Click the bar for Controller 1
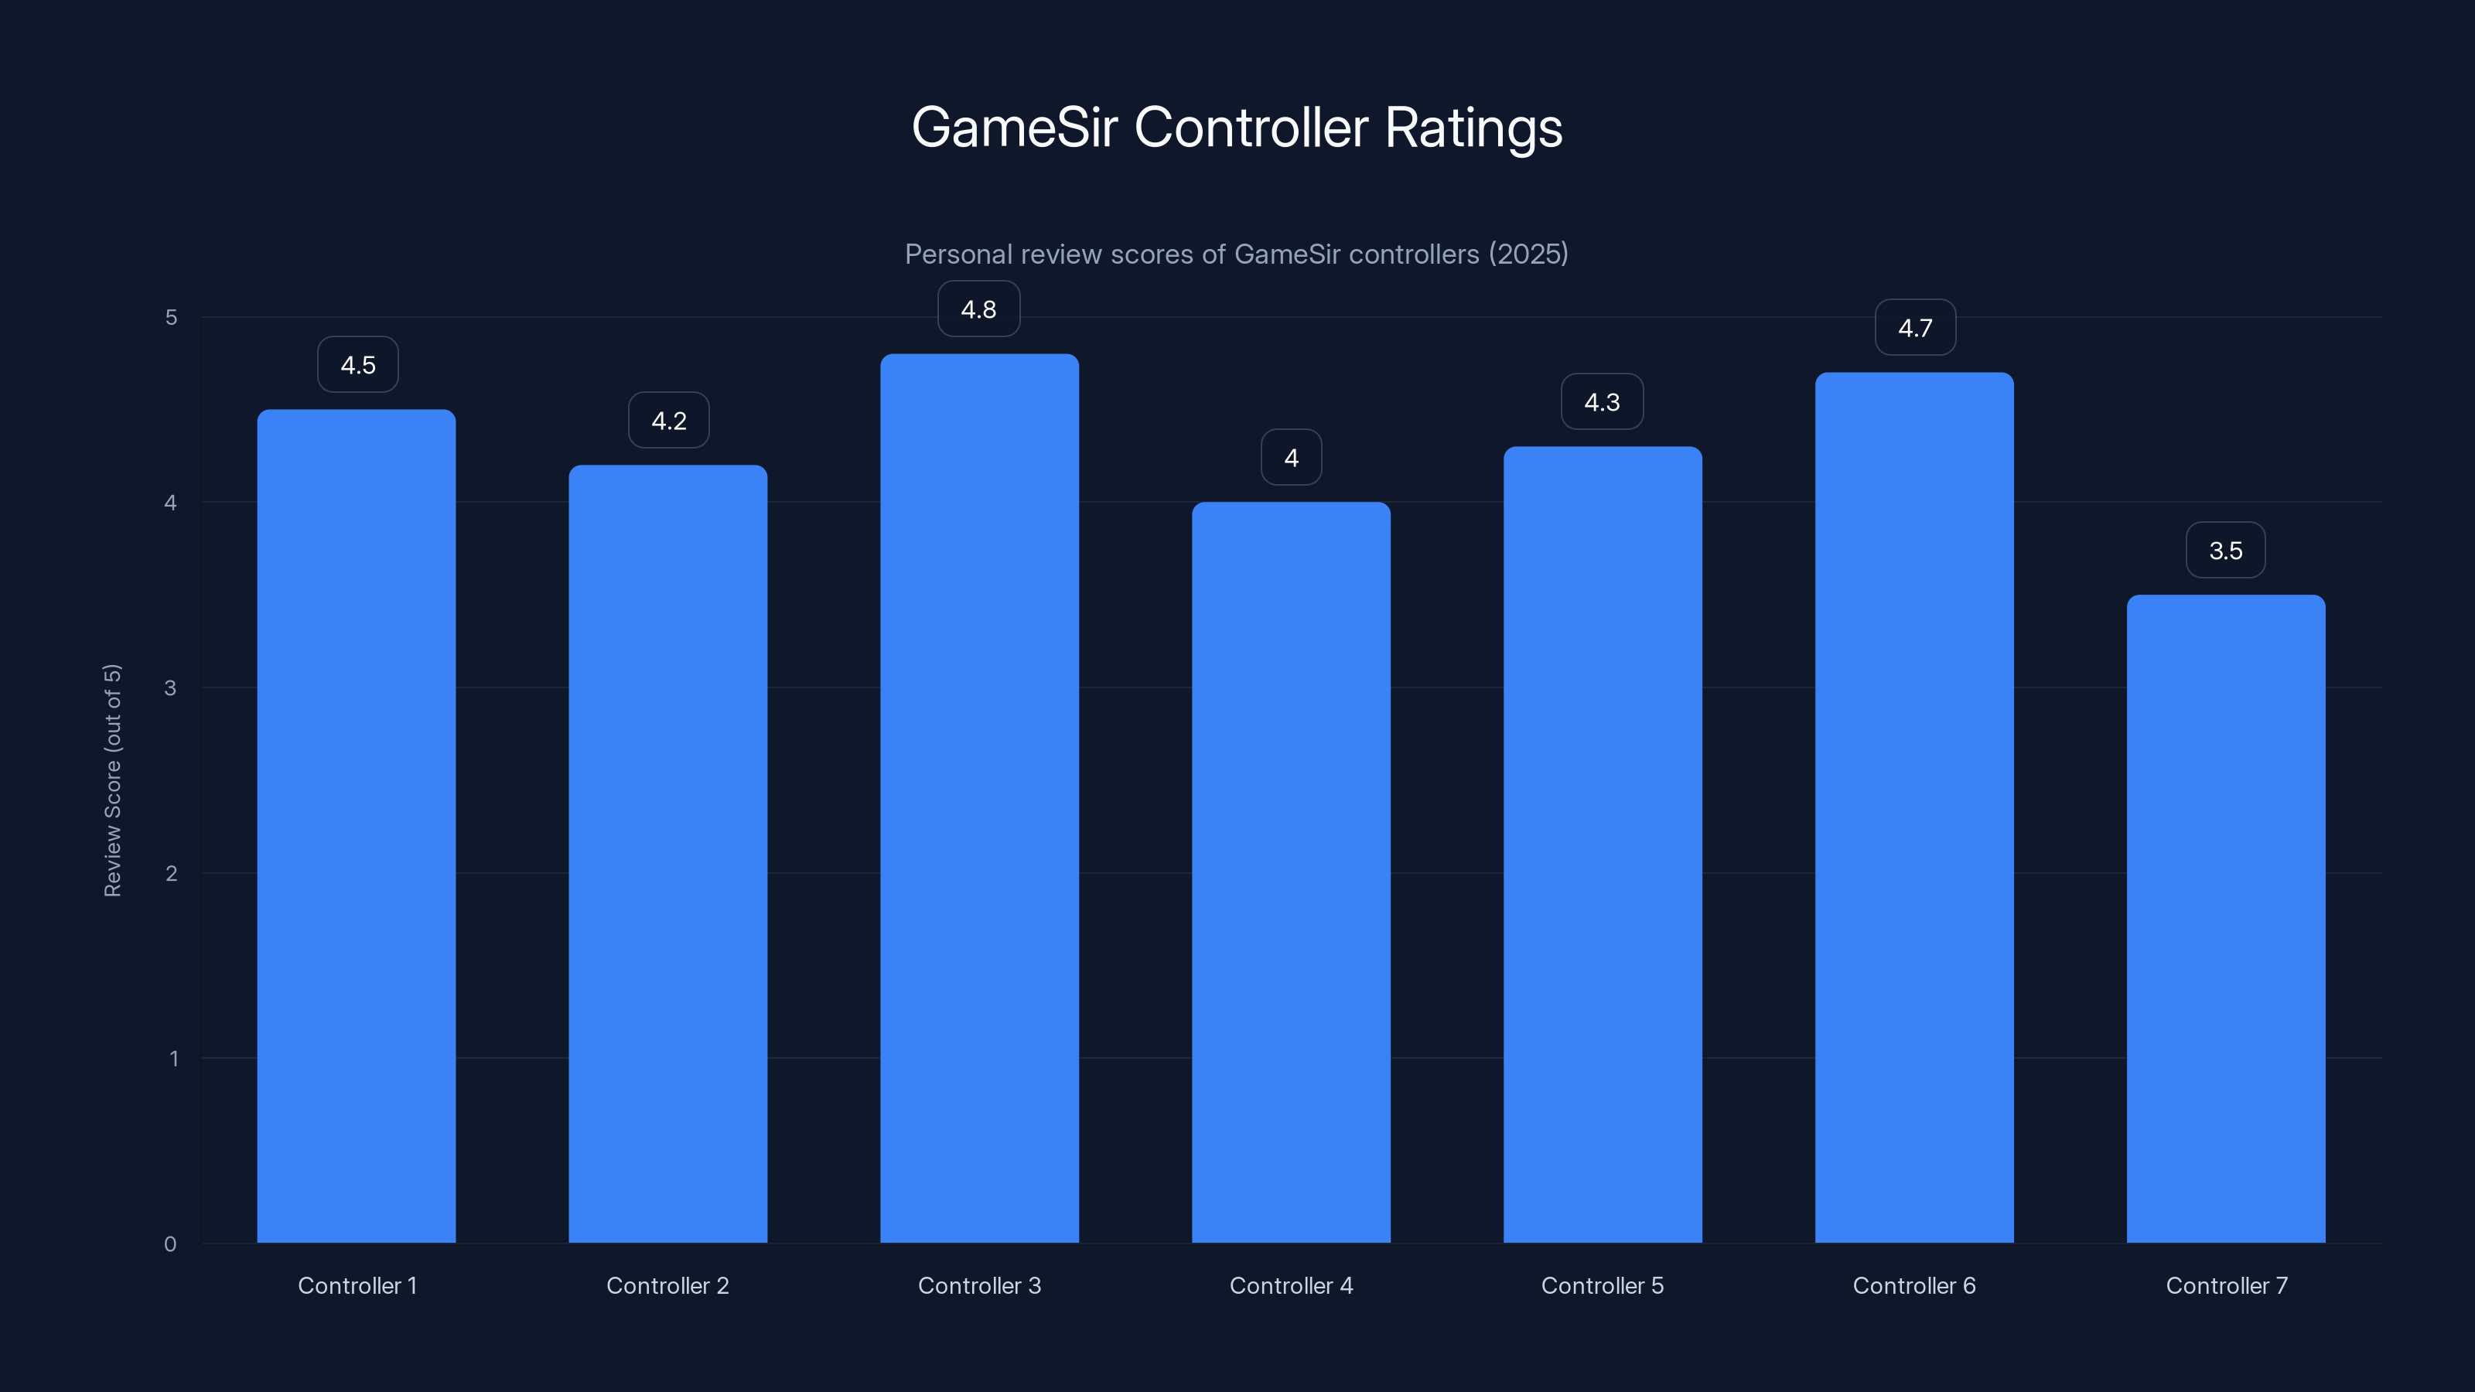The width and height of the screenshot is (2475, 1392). [357, 826]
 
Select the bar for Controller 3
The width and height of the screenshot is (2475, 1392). [979, 797]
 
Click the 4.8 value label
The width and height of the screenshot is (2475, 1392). [978, 309]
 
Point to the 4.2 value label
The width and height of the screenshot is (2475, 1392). [669, 421]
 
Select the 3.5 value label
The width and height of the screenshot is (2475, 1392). [2225, 551]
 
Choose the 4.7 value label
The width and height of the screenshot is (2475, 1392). [1914, 329]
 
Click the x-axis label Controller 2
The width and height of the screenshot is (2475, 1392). [667, 1285]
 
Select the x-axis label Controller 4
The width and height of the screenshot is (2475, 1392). [1290, 1285]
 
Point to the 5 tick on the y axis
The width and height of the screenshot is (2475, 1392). [171, 317]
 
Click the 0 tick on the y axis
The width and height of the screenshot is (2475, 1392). [170, 1244]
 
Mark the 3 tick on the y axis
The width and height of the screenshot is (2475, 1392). [170, 687]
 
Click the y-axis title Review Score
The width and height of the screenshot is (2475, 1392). [112, 780]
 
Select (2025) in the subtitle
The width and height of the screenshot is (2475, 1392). [1528, 254]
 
